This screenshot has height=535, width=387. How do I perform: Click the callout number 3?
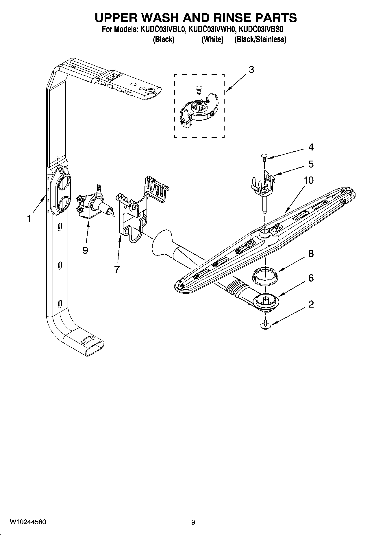pyautogui.click(x=251, y=70)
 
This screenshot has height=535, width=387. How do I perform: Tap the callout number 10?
pyautogui.click(x=308, y=180)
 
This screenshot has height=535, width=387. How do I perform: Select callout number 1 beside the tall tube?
pyautogui.click(x=29, y=219)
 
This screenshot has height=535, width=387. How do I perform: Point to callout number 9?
pyautogui.click(x=85, y=250)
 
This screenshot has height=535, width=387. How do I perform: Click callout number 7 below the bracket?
pyautogui.click(x=117, y=269)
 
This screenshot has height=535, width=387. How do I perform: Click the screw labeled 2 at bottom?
pyautogui.click(x=265, y=326)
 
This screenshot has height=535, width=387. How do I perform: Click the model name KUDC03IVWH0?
pyautogui.click(x=212, y=30)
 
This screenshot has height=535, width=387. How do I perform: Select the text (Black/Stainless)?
pyautogui.click(x=260, y=39)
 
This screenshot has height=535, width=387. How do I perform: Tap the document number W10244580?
pyautogui.click(x=27, y=522)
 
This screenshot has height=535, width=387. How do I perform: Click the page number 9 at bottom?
pyautogui.click(x=193, y=522)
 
